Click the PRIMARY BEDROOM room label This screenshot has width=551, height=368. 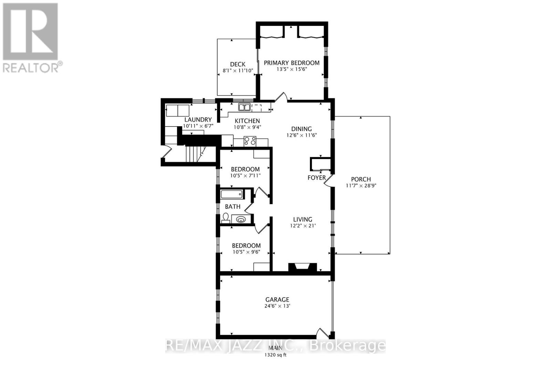click(x=291, y=63)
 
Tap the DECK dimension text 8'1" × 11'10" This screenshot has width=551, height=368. click(x=238, y=70)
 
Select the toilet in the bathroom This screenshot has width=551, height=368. click(x=226, y=217)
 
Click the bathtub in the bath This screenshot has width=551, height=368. click(x=232, y=194)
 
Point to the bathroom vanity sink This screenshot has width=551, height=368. click(x=241, y=219)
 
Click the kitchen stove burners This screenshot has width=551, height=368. click(x=250, y=141)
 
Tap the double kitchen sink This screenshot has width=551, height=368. click(x=245, y=107)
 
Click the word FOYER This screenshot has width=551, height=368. click(x=316, y=178)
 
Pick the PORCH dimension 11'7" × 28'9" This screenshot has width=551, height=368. click(x=361, y=186)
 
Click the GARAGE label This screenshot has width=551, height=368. click(x=277, y=299)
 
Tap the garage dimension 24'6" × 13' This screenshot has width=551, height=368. click(x=277, y=306)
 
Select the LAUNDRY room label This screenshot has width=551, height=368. click(x=198, y=120)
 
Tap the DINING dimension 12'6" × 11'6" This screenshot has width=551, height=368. click(x=302, y=135)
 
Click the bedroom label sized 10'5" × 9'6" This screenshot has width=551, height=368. click(x=246, y=246)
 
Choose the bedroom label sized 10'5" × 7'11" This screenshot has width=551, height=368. click(x=245, y=169)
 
